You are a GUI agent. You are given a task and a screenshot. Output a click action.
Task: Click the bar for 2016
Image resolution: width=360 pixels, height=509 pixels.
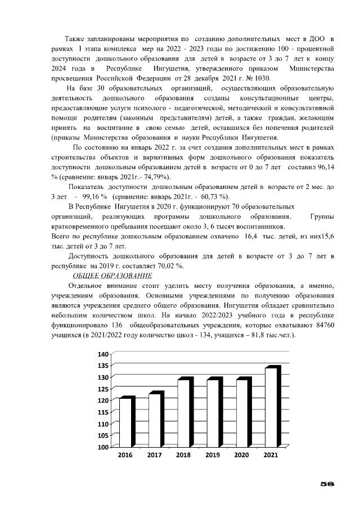pos(127,422)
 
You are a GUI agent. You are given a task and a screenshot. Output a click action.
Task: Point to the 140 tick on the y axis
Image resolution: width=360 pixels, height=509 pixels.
pos(103,354)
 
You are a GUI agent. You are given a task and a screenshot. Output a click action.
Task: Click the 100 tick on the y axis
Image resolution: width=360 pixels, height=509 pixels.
pos(103,447)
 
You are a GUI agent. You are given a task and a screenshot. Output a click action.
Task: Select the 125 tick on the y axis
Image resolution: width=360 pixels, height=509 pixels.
pos(103,389)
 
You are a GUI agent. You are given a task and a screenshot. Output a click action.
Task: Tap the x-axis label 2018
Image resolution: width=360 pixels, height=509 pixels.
pos(183,454)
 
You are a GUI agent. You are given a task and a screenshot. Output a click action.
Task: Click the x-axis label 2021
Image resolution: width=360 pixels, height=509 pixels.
pos(270,454)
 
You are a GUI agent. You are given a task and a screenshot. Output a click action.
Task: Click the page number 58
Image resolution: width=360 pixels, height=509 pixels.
pos(327,483)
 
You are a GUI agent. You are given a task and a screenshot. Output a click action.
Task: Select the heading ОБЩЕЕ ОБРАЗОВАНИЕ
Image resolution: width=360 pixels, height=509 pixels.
pos(112,275)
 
